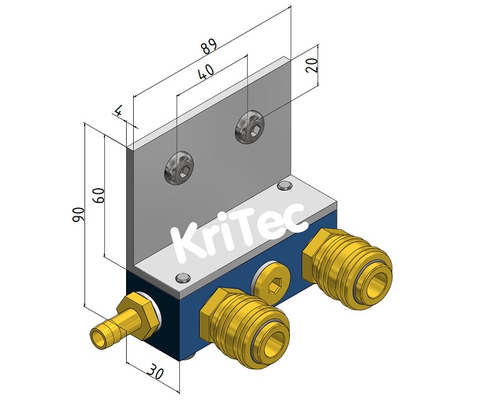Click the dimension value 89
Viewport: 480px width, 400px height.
[x=208, y=48]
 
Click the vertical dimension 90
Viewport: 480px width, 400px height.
[x=78, y=215]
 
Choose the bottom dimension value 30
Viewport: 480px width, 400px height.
[x=156, y=371]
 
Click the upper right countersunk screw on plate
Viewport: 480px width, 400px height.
[x=250, y=129]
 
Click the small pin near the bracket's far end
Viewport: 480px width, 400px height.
[x=284, y=186]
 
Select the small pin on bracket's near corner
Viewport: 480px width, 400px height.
[x=182, y=278]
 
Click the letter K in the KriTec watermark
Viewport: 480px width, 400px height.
[x=188, y=243]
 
